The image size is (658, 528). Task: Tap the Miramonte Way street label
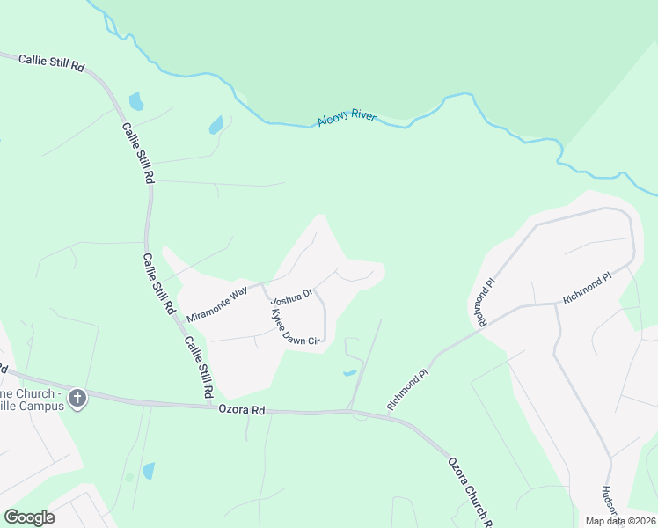click(216, 303)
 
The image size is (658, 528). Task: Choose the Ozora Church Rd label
click(469, 489)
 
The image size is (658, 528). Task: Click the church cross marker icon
click(77, 399)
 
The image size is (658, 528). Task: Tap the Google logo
click(29, 517)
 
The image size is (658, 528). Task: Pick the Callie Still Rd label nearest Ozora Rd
click(198, 364)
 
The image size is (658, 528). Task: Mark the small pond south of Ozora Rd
click(148, 471)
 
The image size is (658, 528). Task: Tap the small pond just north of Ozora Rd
click(349, 373)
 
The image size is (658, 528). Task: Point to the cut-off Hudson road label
click(606, 507)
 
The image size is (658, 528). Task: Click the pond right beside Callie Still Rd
click(135, 101)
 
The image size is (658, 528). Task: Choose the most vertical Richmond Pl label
click(481, 302)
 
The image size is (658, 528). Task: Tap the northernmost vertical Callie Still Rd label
click(138, 152)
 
